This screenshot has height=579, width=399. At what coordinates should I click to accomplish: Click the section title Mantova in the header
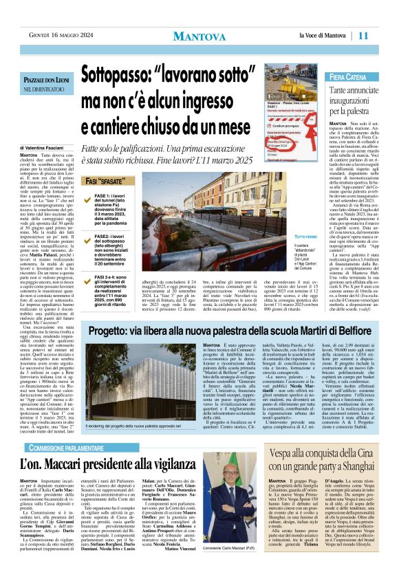[x=199, y=36]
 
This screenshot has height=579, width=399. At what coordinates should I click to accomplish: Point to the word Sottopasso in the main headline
[x=122, y=75]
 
